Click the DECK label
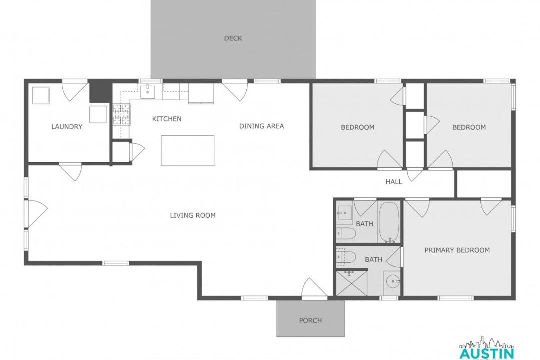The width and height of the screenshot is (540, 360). coord(233,38)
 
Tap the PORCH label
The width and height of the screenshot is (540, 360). coord(310,320)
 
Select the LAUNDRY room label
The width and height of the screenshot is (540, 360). coord(67,127)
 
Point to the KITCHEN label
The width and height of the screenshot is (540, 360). coord(167,119)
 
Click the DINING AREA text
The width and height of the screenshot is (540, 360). coord(261,126)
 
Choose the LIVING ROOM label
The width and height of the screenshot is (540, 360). coord(193,215)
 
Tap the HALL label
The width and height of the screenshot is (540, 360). coord(394,182)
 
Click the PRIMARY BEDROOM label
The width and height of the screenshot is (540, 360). coord(457,250)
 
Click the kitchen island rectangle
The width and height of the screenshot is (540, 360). coord(188,150)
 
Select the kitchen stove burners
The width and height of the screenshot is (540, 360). coord(122,114)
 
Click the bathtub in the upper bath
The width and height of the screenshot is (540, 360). coord(389,222)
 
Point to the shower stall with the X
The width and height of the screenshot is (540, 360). coord(351,283)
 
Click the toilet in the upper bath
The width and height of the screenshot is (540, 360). coord(346,233)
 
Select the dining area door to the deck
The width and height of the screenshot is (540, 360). coord(235,90)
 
